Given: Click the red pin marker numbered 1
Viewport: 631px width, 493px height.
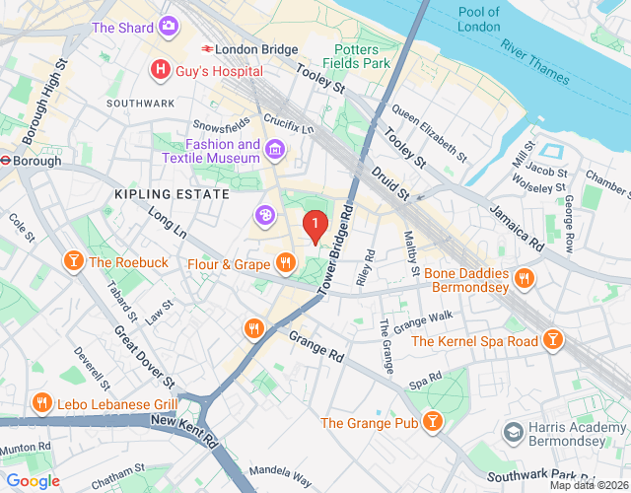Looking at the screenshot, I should pyautogui.click(x=315, y=227).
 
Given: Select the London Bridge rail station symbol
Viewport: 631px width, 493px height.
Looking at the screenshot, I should pyautogui.click(x=208, y=48).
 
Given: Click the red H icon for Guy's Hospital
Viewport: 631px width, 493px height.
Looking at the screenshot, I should pyautogui.click(x=158, y=71).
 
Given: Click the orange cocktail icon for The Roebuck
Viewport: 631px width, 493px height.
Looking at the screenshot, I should pyautogui.click(x=73, y=261).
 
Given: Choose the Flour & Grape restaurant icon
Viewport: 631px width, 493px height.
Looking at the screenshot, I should pyautogui.click(x=285, y=263).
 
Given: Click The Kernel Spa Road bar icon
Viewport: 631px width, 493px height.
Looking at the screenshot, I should pyautogui.click(x=554, y=341).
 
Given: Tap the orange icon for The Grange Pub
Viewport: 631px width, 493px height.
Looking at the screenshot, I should pyautogui.click(x=431, y=423).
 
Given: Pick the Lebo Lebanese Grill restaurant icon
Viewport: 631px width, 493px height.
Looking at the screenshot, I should pyautogui.click(x=41, y=403).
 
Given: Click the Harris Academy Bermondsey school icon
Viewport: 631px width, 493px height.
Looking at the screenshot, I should pyautogui.click(x=513, y=431).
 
